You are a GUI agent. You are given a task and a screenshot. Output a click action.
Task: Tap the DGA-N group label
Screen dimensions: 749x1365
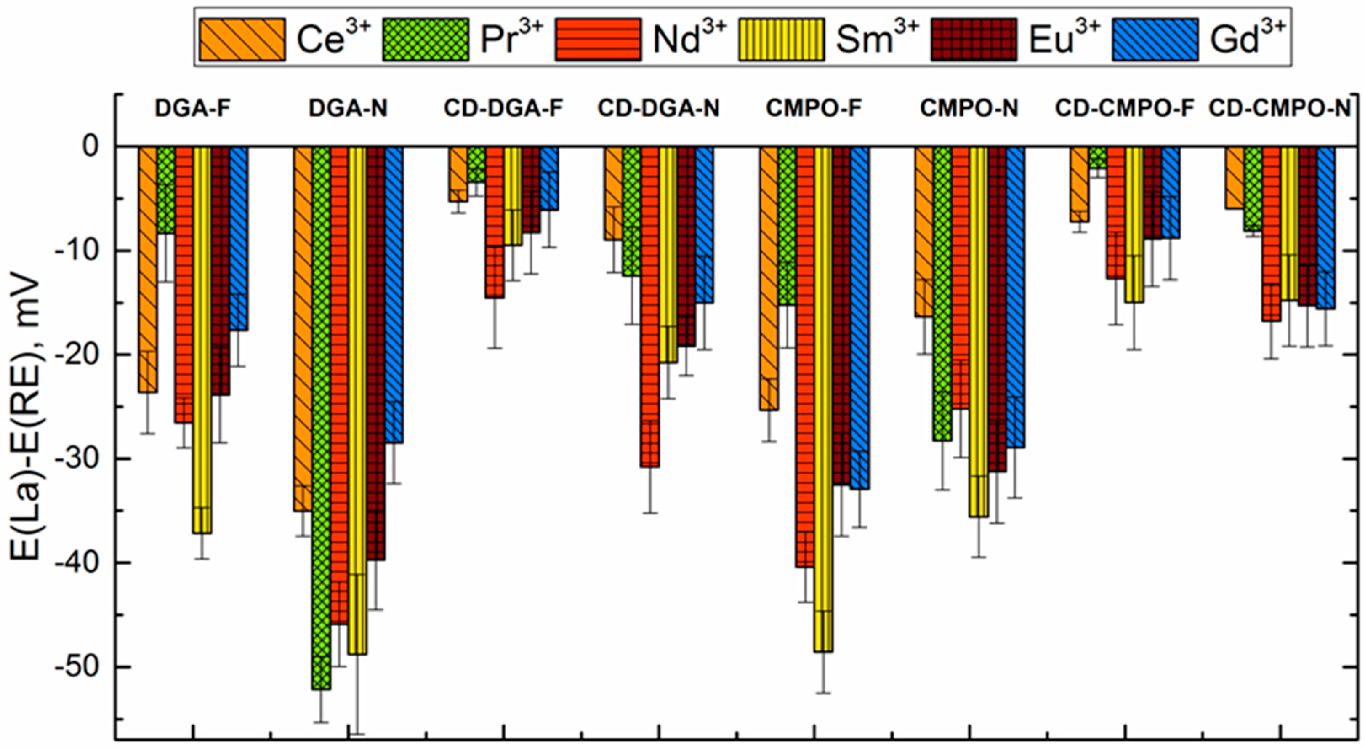(x=348, y=109)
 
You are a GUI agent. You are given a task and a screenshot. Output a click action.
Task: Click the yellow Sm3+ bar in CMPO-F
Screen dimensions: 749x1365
(x=823, y=397)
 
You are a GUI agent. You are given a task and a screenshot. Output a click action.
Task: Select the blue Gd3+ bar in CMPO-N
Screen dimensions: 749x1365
(x=1015, y=297)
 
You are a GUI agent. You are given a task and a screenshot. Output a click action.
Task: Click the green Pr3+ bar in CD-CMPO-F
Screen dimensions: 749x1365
(x=1097, y=157)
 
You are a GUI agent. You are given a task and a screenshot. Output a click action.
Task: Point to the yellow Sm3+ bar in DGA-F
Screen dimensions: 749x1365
(x=202, y=339)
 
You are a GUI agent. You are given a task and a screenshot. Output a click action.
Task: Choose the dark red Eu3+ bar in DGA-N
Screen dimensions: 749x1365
(x=376, y=350)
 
